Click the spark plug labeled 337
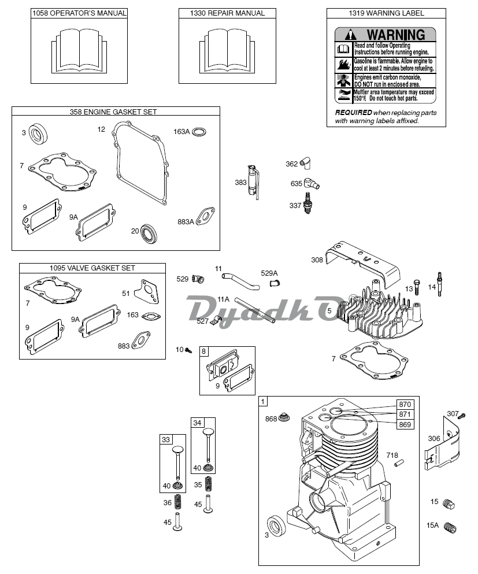(308, 203)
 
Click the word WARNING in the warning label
(396, 35)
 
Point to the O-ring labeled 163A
(199, 132)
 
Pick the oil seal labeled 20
(149, 233)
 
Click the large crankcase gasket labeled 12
(140, 162)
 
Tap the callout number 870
(405, 404)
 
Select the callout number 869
(405, 425)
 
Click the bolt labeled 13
(417, 288)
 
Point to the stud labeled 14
(440, 284)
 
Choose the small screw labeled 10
(188, 350)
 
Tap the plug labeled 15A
(450, 528)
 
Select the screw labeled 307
(462, 416)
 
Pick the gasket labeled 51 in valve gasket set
(147, 291)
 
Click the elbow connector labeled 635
(312, 183)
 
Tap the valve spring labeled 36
(177, 502)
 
